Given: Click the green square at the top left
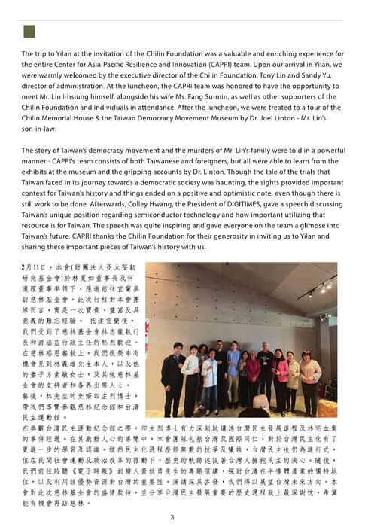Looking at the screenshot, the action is [x=29, y=31].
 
